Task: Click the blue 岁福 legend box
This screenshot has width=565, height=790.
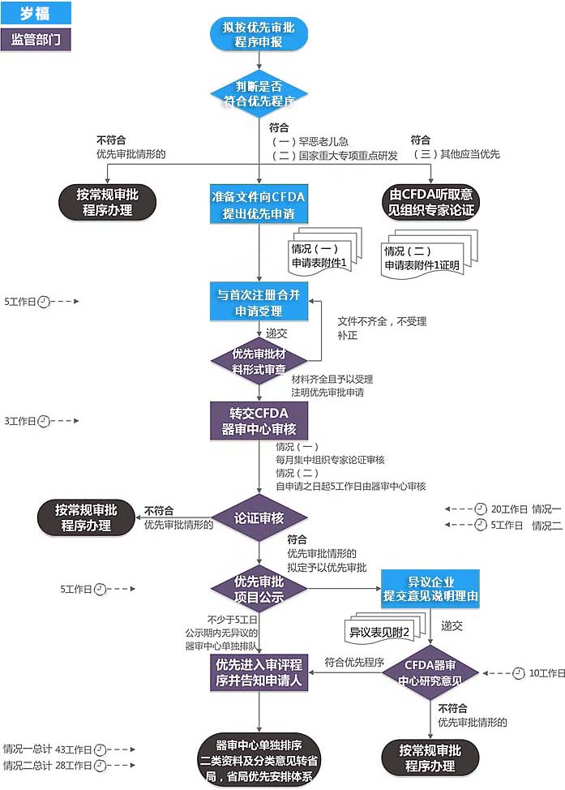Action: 36,12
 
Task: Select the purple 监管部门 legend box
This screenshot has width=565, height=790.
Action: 36,40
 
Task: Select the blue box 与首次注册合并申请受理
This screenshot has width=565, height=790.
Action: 259,303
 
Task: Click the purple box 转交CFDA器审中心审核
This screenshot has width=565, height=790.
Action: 259,422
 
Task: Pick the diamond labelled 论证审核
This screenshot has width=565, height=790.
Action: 259,517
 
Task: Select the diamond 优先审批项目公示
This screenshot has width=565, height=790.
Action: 259,589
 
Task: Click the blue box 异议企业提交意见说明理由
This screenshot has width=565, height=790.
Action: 430,589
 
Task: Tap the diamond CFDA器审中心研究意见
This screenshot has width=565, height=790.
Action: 430,672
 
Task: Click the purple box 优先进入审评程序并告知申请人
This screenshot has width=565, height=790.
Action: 259,672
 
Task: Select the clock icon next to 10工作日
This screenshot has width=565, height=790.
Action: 520,673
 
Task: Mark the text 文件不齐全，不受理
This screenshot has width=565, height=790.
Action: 382,321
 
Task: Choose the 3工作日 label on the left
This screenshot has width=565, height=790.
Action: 20,421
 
